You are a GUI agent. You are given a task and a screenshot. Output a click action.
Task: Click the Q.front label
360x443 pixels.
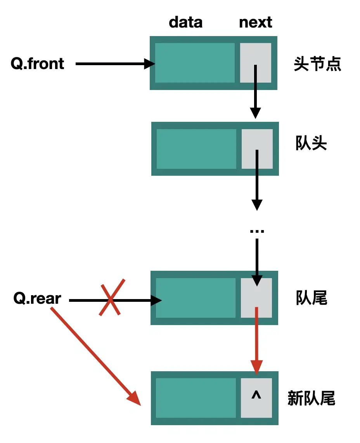(38, 64)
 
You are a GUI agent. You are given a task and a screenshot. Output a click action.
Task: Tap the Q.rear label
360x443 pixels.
(38, 299)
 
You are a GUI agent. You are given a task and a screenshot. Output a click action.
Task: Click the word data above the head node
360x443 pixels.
(185, 22)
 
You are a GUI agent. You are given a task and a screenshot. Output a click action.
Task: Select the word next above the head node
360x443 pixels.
(255, 22)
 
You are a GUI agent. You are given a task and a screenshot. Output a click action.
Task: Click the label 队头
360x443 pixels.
(311, 144)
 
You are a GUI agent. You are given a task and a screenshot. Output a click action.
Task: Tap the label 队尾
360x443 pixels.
(311, 298)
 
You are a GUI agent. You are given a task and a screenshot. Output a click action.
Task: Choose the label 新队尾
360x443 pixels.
(311, 398)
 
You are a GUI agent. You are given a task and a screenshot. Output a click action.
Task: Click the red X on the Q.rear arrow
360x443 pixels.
(112, 297)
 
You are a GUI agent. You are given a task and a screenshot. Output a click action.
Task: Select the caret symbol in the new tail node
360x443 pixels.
(256, 396)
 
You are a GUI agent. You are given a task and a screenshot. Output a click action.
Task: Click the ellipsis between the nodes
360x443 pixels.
(257, 231)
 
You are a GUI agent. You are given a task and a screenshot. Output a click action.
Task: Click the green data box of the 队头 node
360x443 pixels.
(196, 149)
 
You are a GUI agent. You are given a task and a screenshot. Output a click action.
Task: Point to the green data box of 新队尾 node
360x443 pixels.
(196, 398)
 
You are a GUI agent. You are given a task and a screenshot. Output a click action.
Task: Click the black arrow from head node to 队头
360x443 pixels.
(255, 97)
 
